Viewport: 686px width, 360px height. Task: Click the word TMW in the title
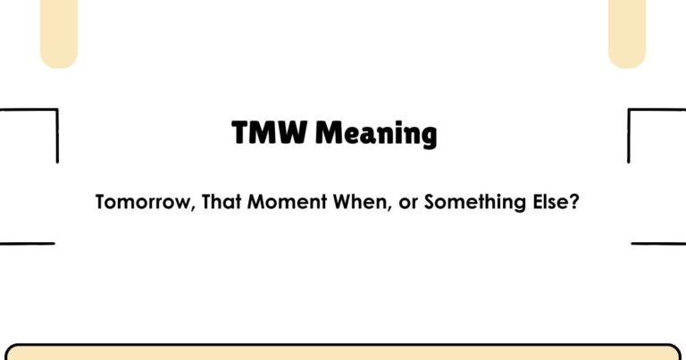point(270,133)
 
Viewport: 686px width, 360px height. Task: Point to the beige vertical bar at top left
point(59,32)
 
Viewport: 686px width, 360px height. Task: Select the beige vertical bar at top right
point(626,32)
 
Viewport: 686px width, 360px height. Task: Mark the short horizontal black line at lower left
point(27,243)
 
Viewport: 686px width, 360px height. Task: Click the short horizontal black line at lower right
point(658,243)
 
